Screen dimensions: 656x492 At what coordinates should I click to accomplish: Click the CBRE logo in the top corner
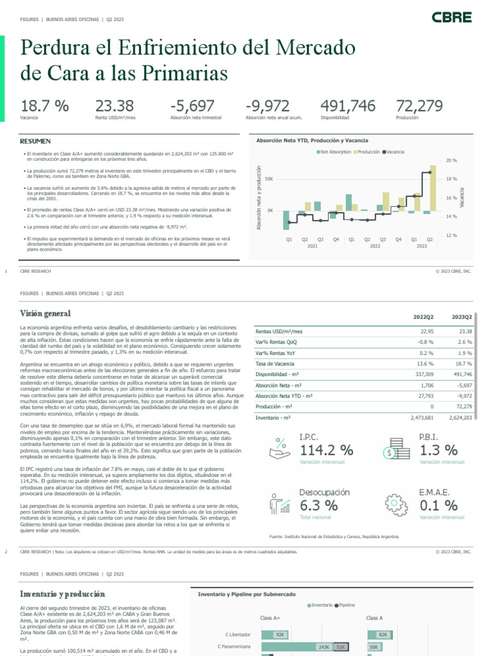pos(451,17)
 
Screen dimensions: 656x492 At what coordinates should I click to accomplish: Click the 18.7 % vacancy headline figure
pos(44,106)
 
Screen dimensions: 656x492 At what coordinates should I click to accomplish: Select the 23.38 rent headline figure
pos(115,106)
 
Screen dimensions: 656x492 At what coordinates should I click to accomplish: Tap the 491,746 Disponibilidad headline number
pos(348,106)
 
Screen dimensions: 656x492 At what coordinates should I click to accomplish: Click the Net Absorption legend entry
pos(334,152)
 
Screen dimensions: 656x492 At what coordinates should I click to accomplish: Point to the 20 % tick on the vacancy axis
pos(451,160)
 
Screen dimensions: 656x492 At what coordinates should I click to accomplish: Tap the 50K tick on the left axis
pos(269,179)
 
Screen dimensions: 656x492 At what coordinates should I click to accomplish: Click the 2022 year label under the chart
pos(366,246)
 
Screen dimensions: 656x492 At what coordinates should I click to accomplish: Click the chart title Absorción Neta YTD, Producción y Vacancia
pos(312,140)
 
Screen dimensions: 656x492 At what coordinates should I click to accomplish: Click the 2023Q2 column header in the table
pos(461,317)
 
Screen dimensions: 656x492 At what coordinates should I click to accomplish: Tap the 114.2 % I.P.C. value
pos(326,450)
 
